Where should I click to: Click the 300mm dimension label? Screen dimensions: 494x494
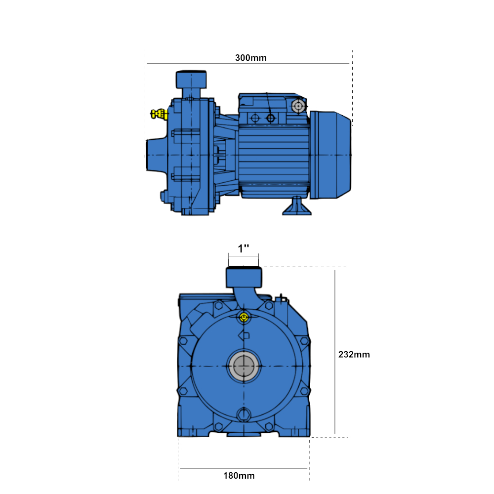251,58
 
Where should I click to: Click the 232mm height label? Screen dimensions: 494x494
354,354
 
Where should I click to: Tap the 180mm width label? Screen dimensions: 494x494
239,476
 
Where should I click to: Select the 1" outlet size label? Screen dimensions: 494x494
243,248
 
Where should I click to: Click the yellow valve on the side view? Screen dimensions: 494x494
159,114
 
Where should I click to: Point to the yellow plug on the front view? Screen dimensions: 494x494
244,318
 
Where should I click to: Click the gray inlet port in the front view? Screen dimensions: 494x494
244,366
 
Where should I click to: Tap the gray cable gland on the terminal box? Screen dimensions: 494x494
298,106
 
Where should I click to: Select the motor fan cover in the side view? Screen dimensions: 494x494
330,155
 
